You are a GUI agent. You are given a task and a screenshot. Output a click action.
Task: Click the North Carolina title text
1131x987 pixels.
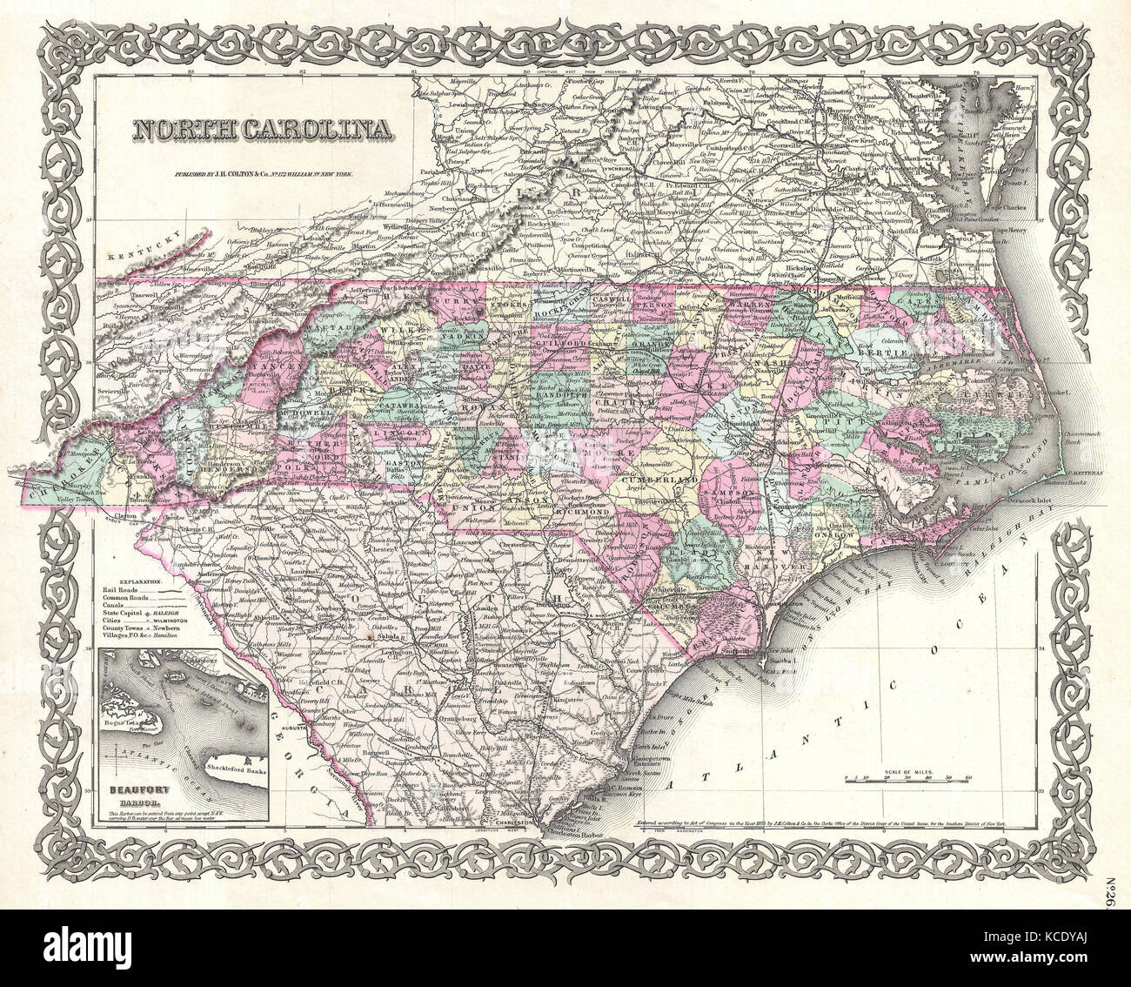pyautogui.click(x=261, y=130)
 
